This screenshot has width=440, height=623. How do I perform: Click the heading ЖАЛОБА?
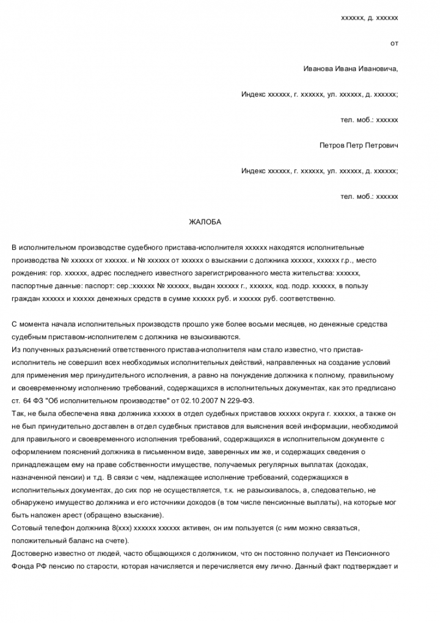[x=201, y=222]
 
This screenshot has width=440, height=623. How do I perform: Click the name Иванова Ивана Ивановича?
[x=350, y=68]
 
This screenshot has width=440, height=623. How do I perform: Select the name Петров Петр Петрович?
[x=359, y=146]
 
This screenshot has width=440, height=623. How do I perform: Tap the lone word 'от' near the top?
[x=394, y=43]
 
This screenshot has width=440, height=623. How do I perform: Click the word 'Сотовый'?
[x=26, y=528]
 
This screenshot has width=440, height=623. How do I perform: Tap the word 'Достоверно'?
[x=31, y=554]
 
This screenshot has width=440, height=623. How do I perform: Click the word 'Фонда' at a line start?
[x=23, y=567]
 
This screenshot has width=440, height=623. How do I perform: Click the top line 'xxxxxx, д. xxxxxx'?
[x=369, y=18]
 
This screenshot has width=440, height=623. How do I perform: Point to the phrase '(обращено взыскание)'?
[x=124, y=515]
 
